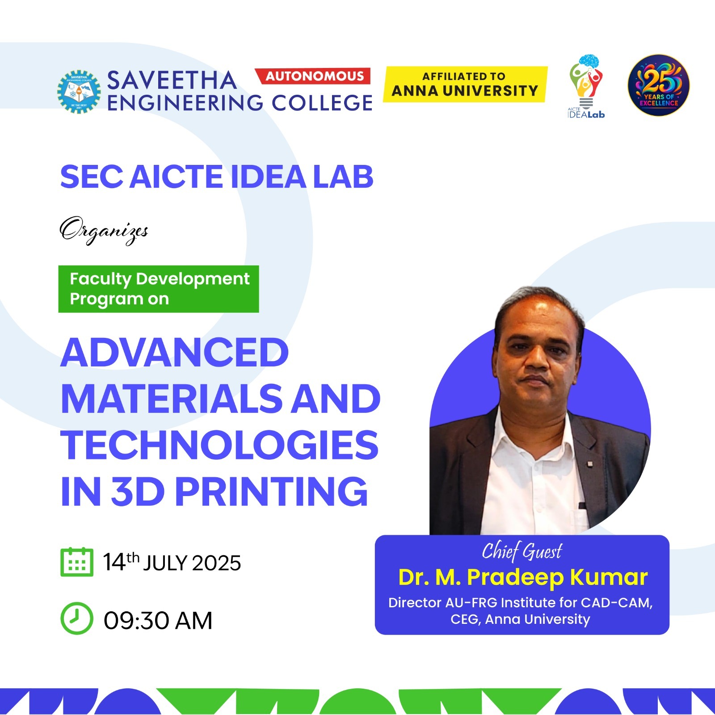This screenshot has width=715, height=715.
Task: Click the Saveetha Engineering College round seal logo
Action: pyautogui.click(x=79, y=92)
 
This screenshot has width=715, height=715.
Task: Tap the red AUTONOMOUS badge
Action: pyautogui.click(x=313, y=76)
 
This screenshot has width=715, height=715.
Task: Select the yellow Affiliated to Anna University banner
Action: pyautogui.click(x=465, y=84)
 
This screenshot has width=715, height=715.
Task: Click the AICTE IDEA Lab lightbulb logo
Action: pyautogui.click(x=586, y=87)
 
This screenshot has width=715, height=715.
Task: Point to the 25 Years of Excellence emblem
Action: pyautogui.click(x=659, y=85)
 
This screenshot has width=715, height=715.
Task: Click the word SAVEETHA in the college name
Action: pyautogui.click(x=172, y=80)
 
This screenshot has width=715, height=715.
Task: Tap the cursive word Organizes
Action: pyautogui.click(x=104, y=230)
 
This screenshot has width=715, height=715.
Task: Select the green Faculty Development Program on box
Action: pyautogui.click(x=159, y=289)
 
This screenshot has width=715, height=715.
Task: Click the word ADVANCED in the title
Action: pyautogui.click(x=175, y=353)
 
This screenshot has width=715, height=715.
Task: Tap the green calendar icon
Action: pyautogui.click(x=77, y=562)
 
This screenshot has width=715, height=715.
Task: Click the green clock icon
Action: pyautogui.click(x=77, y=618)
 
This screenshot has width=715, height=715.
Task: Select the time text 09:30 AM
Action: pyautogui.click(x=158, y=620)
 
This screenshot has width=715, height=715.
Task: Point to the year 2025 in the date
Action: pyautogui.click(x=216, y=563)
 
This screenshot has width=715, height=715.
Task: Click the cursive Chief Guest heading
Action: pyautogui.click(x=522, y=551)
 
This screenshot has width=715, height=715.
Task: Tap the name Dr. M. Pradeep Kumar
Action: pyautogui.click(x=523, y=577)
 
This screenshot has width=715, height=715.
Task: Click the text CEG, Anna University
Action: pyautogui.click(x=520, y=619)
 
